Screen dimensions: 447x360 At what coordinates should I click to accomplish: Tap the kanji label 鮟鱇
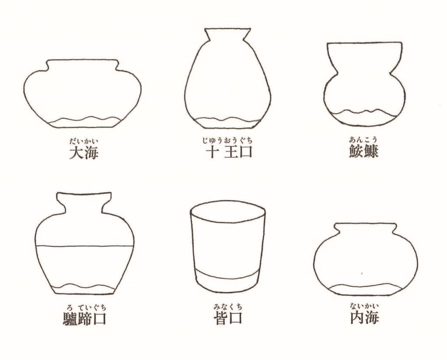364,151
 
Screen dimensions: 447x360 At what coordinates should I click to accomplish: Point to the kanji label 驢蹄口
84,319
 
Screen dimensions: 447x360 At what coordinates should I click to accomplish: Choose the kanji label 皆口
228,318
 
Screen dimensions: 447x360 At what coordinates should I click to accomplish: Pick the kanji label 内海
364,318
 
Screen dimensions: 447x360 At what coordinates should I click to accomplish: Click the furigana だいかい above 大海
84,141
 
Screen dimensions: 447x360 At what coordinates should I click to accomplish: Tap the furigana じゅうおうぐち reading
227,140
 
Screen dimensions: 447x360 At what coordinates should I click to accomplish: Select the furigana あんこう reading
364,139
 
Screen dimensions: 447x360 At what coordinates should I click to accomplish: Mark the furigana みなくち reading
228,307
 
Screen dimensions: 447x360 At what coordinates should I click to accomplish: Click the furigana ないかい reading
364,306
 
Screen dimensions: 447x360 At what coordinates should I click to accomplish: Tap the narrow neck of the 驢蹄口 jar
84,202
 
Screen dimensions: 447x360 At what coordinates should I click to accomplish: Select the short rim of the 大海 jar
82,65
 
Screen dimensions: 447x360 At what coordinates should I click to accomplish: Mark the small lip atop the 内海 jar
365,227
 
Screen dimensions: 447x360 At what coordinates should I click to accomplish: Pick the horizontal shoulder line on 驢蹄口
85,246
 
